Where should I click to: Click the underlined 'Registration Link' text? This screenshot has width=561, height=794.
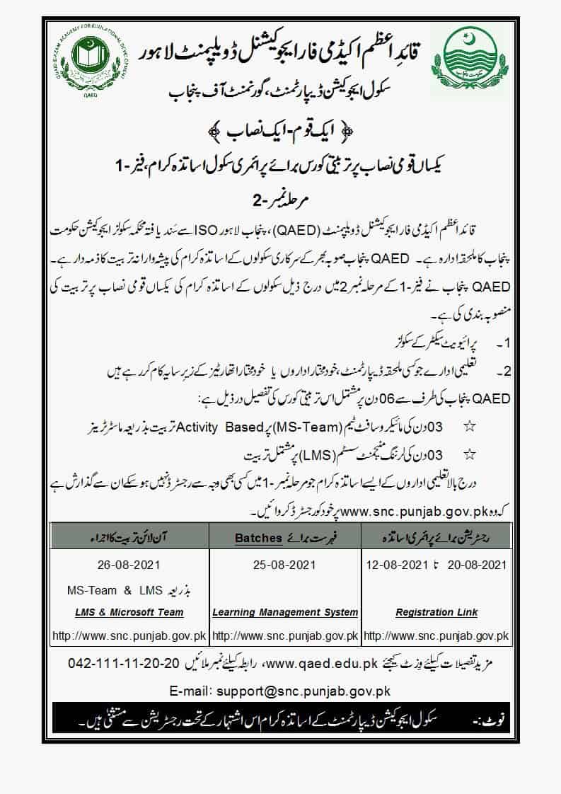436,612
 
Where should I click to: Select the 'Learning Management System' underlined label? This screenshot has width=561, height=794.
285,612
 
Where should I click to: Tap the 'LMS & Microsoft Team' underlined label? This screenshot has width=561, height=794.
125,612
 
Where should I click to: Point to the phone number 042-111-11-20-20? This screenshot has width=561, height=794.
124,664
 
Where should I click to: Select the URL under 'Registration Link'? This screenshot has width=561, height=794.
436,635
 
